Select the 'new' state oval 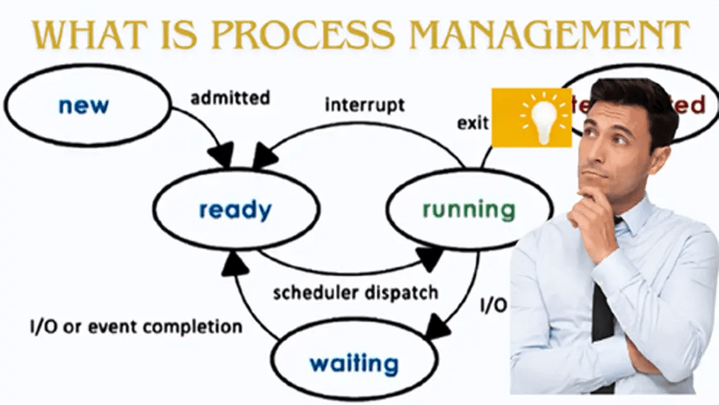click(x=84, y=105)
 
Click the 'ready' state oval click(x=235, y=210)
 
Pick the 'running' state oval click(x=469, y=210)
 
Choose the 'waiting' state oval click(x=353, y=362)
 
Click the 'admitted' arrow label click(x=230, y=97)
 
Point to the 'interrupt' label click(x=364, y=104)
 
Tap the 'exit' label click(x=472, y=123)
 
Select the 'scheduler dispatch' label click(x=356, y=292)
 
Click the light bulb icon click(x=532, y=117)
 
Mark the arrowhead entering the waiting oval click(x=436, y=329)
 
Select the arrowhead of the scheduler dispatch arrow click(x=431, y=256)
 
